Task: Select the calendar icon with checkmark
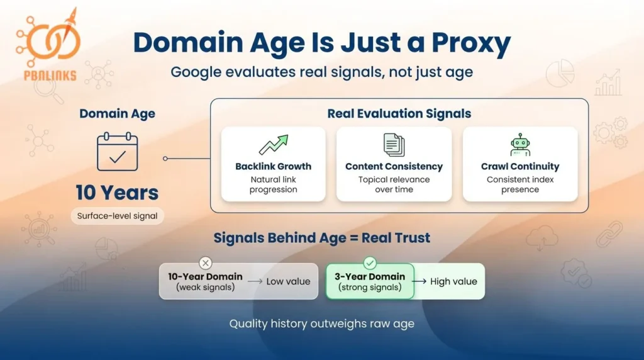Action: [x=117, y=152]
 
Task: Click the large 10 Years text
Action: [x=117, y=192]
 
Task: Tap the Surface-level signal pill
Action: [x=117, y=217]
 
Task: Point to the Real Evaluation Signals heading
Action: [x=399, y=114]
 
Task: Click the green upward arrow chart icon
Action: [x=273, y=145]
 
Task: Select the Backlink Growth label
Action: [x=273, y=167]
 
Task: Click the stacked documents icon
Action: [x=394, y=145]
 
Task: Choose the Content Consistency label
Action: [x=394, y=167]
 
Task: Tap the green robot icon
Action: [x=520, y=145]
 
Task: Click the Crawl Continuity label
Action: [x=520, y=167]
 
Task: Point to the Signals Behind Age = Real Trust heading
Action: [x=322, y=238]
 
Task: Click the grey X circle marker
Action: [x=205, y=263]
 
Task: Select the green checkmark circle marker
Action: [x=370, y=263]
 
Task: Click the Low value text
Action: [x=288, y=281]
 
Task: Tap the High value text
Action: [x=453, y=281]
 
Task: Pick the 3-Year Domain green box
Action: [x=370, y=281]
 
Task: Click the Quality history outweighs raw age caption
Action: [x=321, y=324]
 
